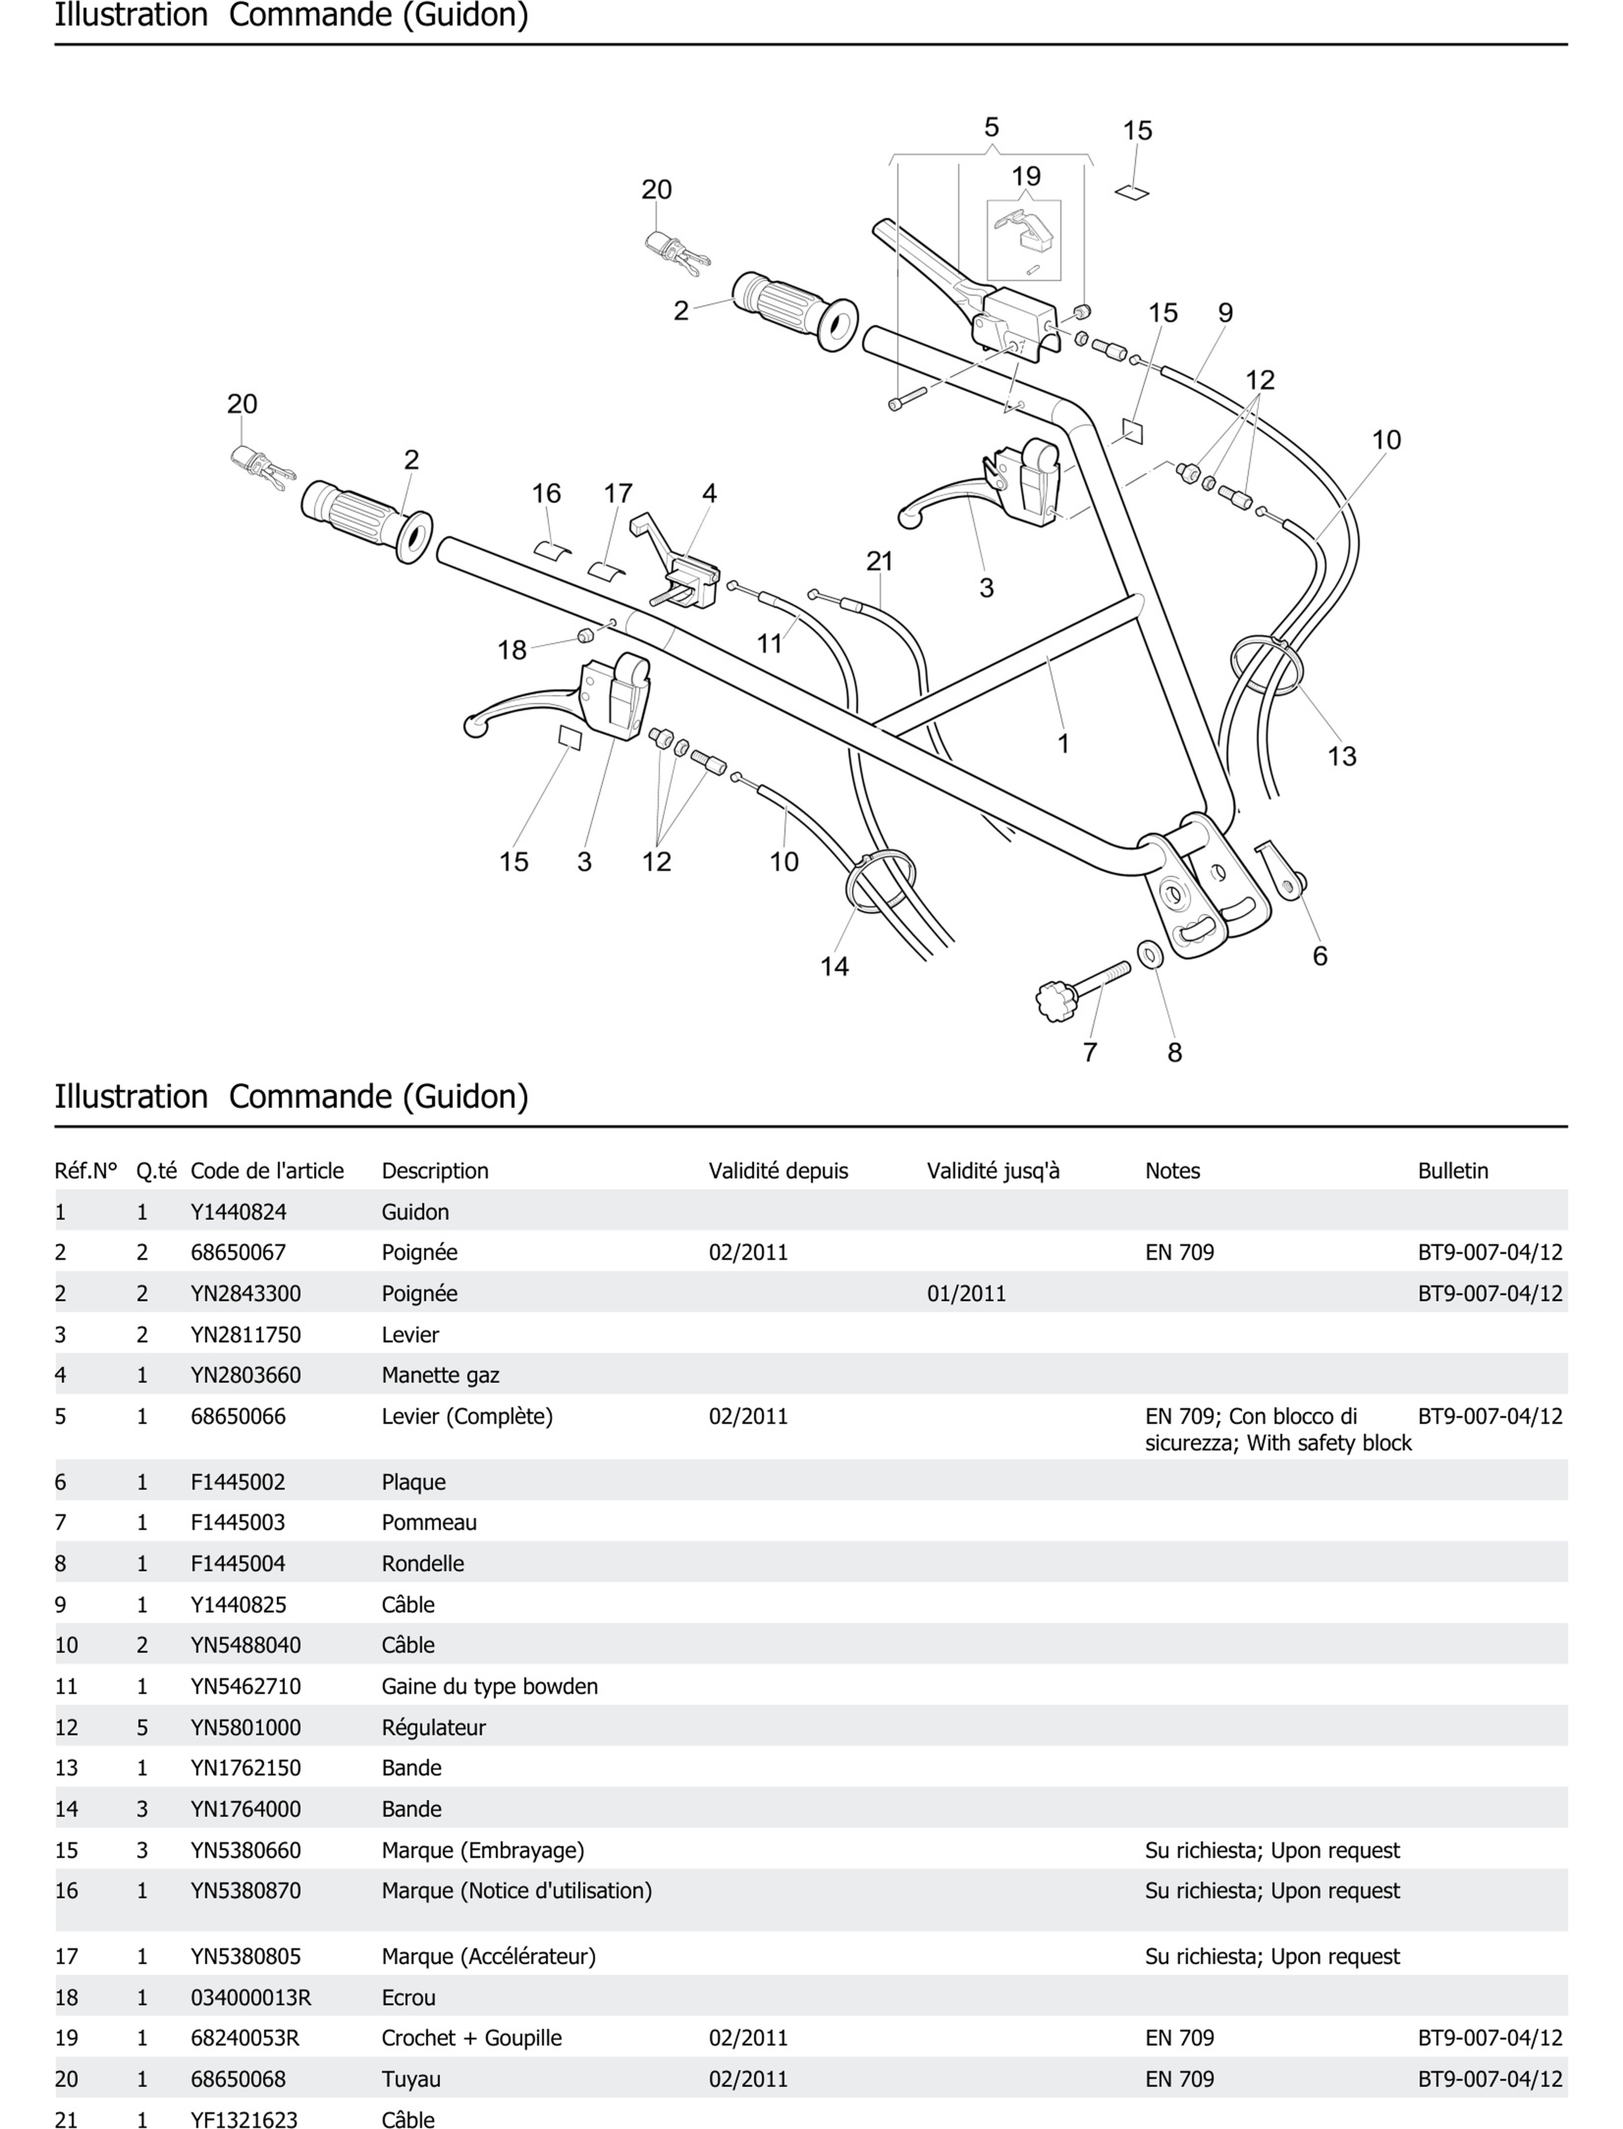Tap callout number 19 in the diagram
1026,177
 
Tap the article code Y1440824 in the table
239,1211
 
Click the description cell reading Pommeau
429,1523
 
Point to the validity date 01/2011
966,1293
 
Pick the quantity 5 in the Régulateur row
142,1727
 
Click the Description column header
435,1171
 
